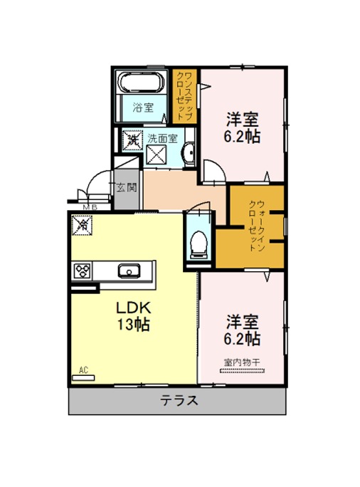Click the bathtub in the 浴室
(142, 83)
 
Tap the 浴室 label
(143, 108)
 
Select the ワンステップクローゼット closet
(185, 95)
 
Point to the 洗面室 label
(162, 139)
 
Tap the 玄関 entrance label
(127, 187)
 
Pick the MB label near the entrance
(90, 207)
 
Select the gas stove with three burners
(83, 271)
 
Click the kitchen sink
(129, 271)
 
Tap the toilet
(198, 243)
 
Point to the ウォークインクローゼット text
(257, 226)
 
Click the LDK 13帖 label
(134, 316)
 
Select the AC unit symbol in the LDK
(83, 377)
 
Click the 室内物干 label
(242, 362)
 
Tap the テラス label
(179, 400)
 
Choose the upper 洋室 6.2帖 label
(243, 127)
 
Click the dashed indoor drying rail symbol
(242, 370)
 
